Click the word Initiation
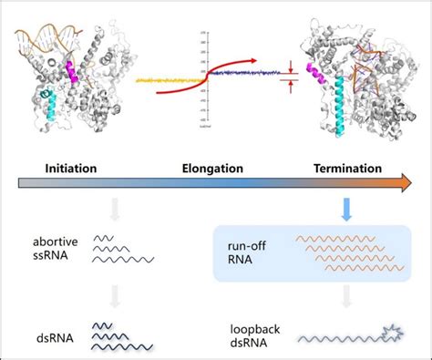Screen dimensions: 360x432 (x=70, y=168)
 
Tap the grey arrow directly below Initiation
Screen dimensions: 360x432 (x=113, y=211)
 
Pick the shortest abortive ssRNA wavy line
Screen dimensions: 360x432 (x=104, y=237)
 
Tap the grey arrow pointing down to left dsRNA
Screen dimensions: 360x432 (x=113, y=294)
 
